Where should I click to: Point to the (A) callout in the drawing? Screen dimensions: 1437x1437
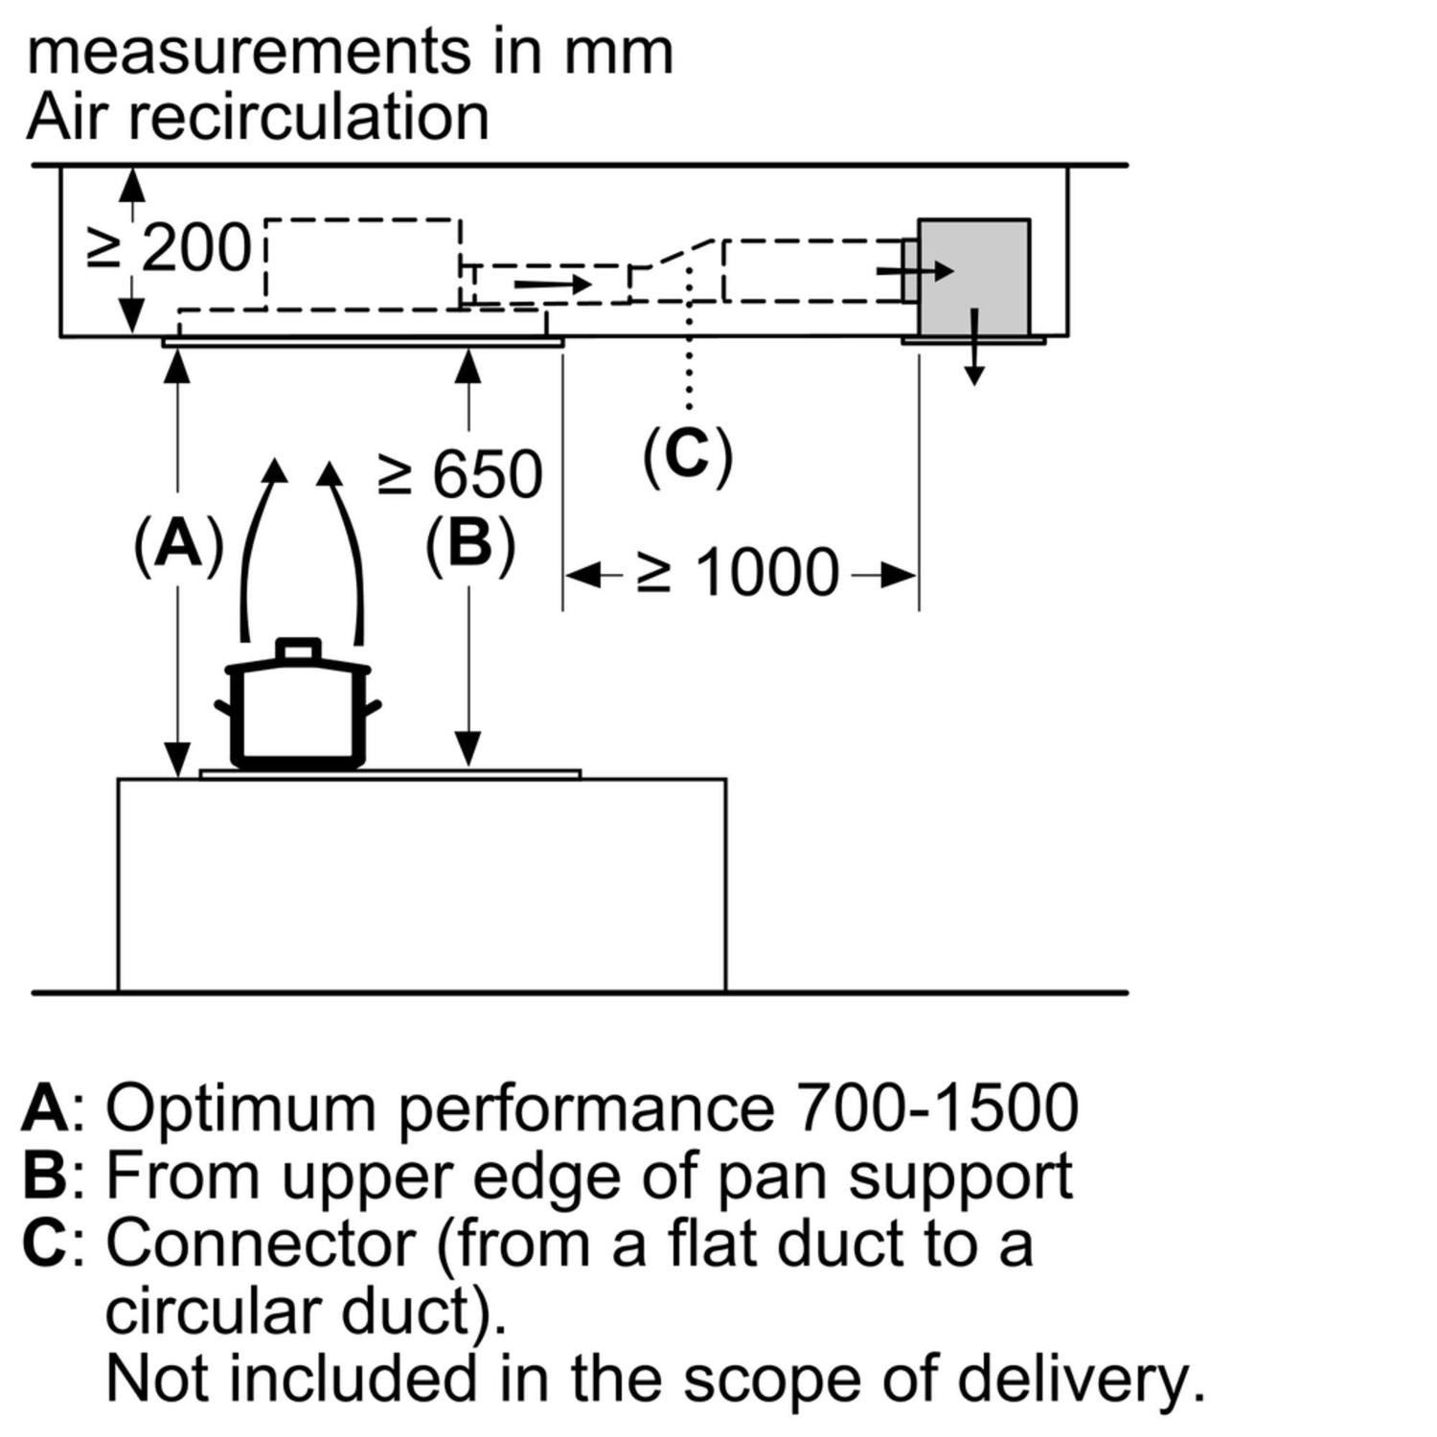(x=178, y=545)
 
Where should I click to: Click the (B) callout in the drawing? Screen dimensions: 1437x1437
(x=469, y=545)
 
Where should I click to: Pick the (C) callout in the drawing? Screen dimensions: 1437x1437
(x=687, y=453)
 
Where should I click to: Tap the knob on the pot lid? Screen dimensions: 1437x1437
(x=298, y=649)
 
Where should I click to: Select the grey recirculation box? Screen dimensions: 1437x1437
(x=974, y=276)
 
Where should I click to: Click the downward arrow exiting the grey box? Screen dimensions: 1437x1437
(x=974, y=350)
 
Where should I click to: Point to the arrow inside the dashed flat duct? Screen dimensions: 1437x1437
(x=553, y=285)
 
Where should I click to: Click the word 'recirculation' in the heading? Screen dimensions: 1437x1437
(x=308, y=118)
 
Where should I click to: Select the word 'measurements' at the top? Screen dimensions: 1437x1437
(x=249, y=52)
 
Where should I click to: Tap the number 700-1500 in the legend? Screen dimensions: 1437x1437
(x=936, y=1108)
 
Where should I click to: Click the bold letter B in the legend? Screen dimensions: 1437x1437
(x=44, y=1175)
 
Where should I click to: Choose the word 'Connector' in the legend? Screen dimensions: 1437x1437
(x=260, y=1243)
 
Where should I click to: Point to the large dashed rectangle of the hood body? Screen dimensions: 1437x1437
(x=362, y=263)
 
